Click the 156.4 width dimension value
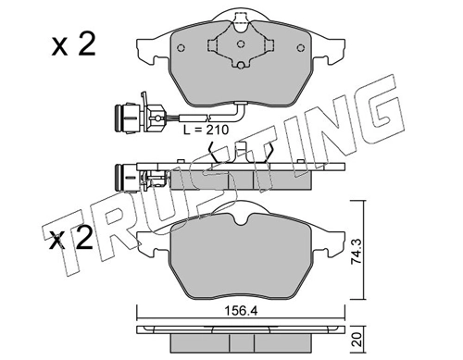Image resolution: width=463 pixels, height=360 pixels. click(x=241, y=311)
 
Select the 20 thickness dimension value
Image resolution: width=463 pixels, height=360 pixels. click(x=357, y=340)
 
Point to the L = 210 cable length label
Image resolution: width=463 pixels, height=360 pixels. click(x=206, y=130)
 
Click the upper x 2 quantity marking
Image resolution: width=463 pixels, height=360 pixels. click(x=73, y=45)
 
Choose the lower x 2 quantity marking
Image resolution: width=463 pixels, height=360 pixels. click(x=71, y=238)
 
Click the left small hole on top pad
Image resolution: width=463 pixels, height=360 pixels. click(x=181, y=48)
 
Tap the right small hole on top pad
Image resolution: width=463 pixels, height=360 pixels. click(x=300, y=48)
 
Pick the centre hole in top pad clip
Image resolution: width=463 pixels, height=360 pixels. click(x=241, y=44)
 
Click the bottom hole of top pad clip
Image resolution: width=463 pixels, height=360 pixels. click(x=241, y=65)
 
